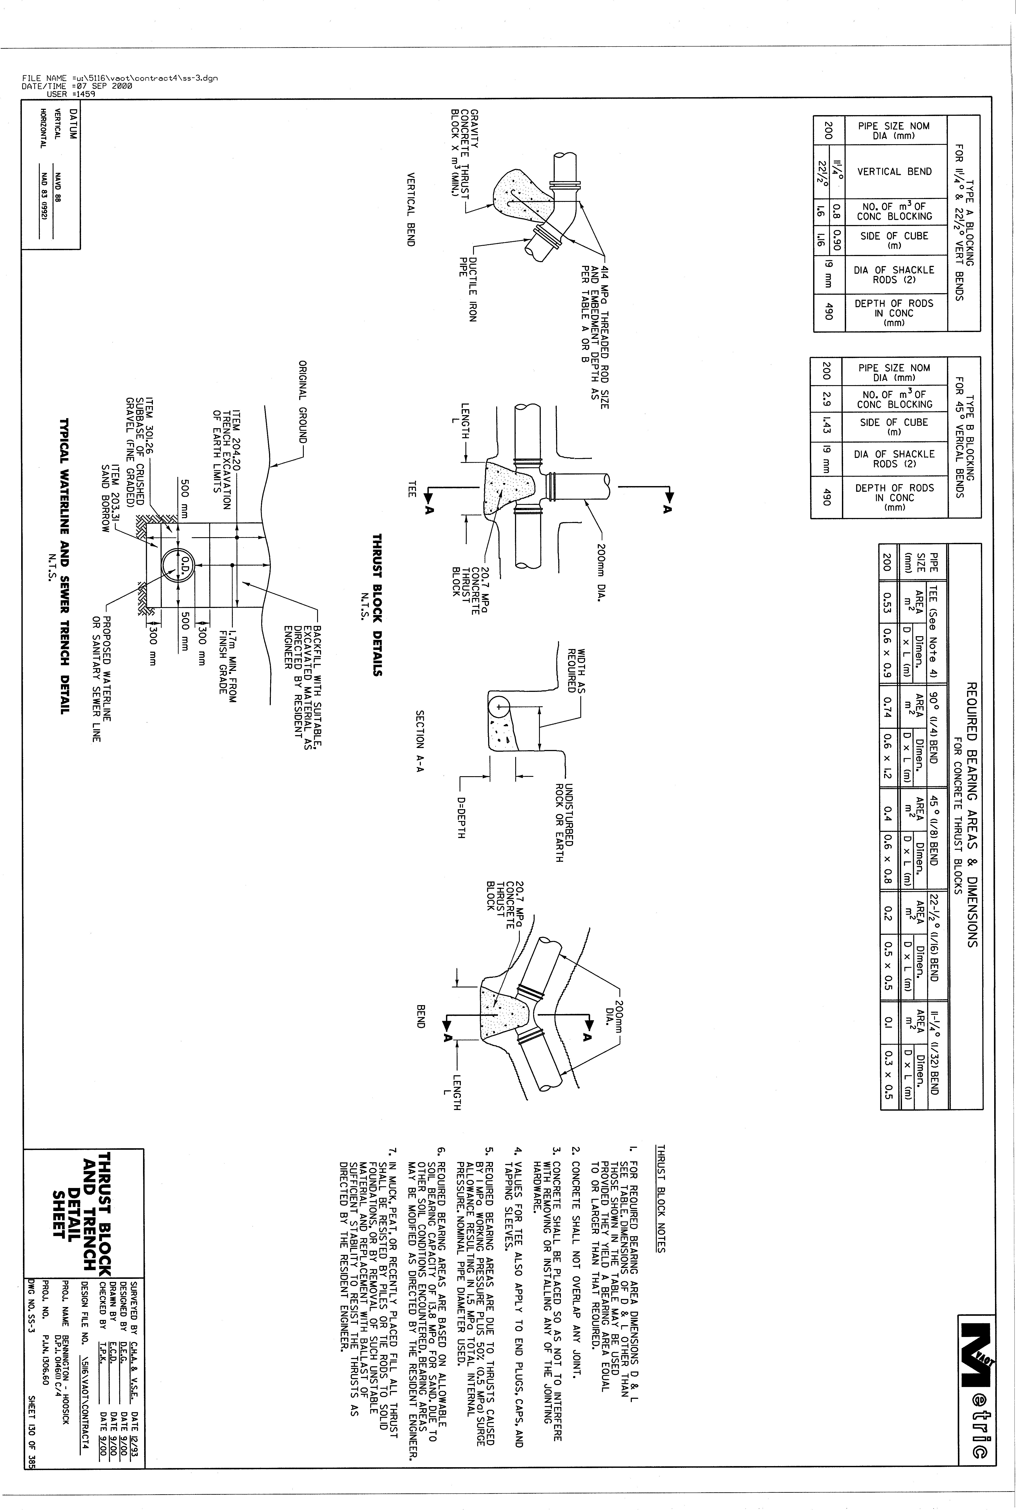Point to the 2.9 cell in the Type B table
[x=826, y=399]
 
